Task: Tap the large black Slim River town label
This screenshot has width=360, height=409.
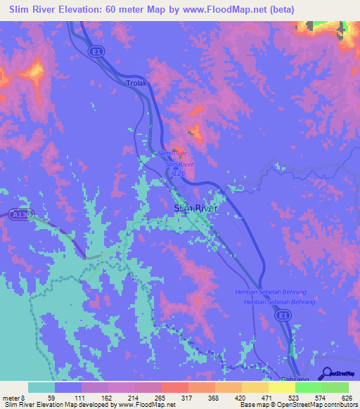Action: tap(197, 208)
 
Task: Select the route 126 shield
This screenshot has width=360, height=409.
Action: tap(178, 172)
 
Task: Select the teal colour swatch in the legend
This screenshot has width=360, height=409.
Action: tap(41, 387)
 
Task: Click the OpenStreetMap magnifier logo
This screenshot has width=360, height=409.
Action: tap(327, 373)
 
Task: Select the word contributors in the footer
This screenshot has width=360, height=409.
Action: tap(339, 405)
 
